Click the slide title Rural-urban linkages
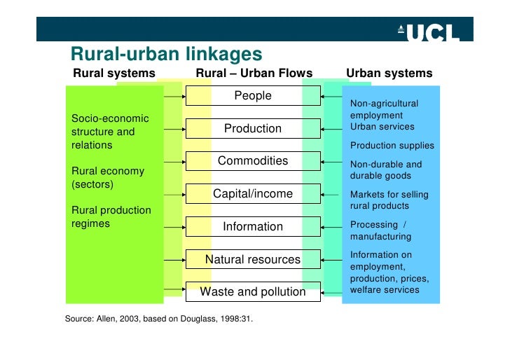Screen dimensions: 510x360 [167, 54]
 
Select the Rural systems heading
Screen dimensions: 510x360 [114, 74]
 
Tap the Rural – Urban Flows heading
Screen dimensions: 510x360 [254, 74]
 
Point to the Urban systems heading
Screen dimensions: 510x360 [389, 74]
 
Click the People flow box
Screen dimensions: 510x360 [253, 96]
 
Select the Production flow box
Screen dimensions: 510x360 [253, 129]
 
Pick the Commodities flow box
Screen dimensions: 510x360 [253, 161]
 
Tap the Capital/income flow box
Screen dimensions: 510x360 [253, 194]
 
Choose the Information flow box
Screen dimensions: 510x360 [253, 227]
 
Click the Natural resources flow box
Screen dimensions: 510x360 [253, 260]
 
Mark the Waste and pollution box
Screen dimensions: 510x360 [253, 292]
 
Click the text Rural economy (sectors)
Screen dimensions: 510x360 [108, 178]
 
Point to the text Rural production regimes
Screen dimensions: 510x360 [111, 217]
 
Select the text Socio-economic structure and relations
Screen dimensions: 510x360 [109, 132]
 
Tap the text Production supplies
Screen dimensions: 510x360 [392, 146]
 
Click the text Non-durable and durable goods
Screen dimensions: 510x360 [386, 170]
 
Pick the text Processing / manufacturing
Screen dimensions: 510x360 [381, 230]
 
